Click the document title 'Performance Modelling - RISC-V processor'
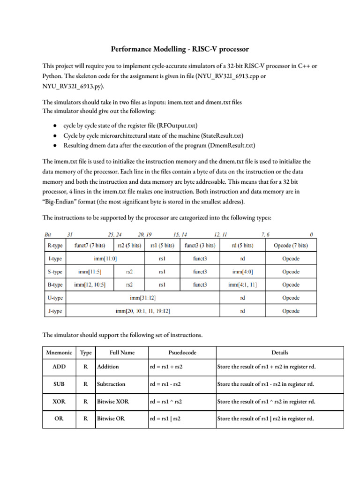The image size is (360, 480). coord(180,49)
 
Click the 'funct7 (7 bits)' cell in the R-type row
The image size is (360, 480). coord(90,245)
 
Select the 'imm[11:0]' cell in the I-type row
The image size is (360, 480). coord(105,258)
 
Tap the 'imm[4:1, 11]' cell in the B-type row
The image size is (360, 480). coord(242,285)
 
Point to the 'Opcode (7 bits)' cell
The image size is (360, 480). coord(291,245)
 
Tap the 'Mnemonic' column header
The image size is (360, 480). coord(59,352)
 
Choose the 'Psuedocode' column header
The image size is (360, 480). coord(181,352)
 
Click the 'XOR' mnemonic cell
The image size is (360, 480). coord(59,401)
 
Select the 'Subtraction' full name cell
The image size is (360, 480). coord(111,384)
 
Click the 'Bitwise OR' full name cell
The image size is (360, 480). coord(111,419)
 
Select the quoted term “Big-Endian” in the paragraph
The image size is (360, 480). coord(60,202)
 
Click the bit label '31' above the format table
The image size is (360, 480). coord(70,234)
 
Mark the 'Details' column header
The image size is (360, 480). coord(279,352)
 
